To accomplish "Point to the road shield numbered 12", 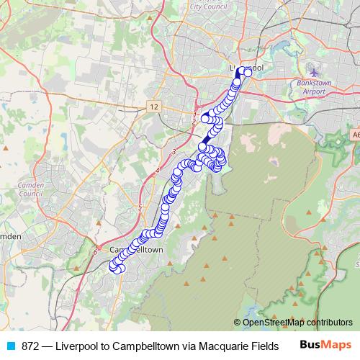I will [153, 107].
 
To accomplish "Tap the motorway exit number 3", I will [174, 150].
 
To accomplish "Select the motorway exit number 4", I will [157, 171].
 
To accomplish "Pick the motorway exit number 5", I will [140, 207].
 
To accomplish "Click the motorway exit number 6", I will [94, 252].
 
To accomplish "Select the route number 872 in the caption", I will [31, 346].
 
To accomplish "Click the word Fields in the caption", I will [261, 346].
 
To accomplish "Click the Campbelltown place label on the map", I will [137, 249].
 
